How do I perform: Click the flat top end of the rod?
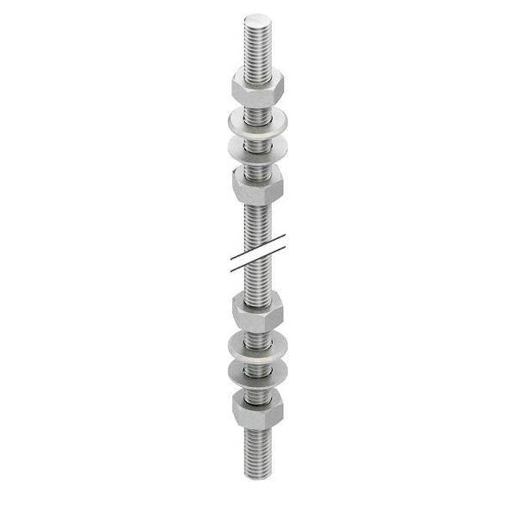click(x=257, y=19)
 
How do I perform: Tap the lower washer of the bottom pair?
click(x=257, y=371)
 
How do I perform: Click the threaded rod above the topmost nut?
click(x=257, y=47)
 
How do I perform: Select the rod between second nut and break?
click(x=257, y=224)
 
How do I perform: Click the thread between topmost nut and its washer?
click(x=257, y=103)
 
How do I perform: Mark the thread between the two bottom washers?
click(x=257, y=359)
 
